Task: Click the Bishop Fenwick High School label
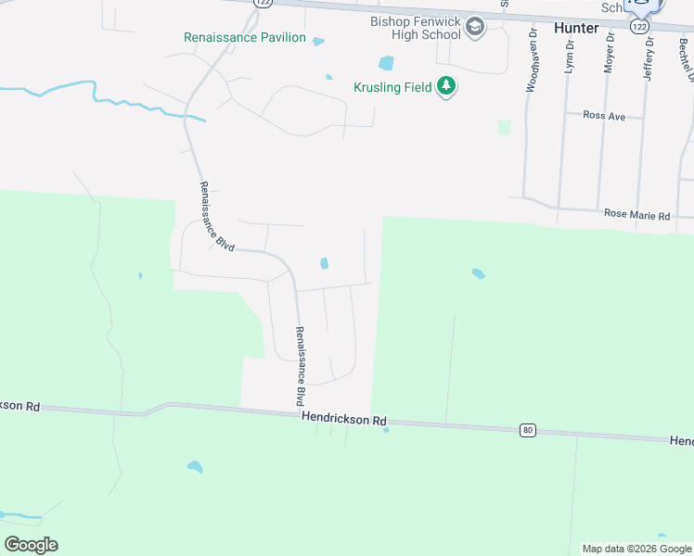415,28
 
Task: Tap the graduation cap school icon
476,27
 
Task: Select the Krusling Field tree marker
446,87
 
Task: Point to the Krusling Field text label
392,87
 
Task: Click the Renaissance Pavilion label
245,37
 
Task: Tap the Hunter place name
576,28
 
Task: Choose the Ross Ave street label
605,116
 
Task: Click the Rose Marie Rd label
636,214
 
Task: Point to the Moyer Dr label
610,52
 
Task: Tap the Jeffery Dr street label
649,58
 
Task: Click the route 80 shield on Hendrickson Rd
527,430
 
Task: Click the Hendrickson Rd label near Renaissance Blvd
343,420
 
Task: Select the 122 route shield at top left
263,4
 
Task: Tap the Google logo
31,545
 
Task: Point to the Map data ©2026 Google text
636,549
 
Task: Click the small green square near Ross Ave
504,127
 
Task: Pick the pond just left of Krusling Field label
386,63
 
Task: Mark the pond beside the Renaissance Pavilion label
319,41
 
